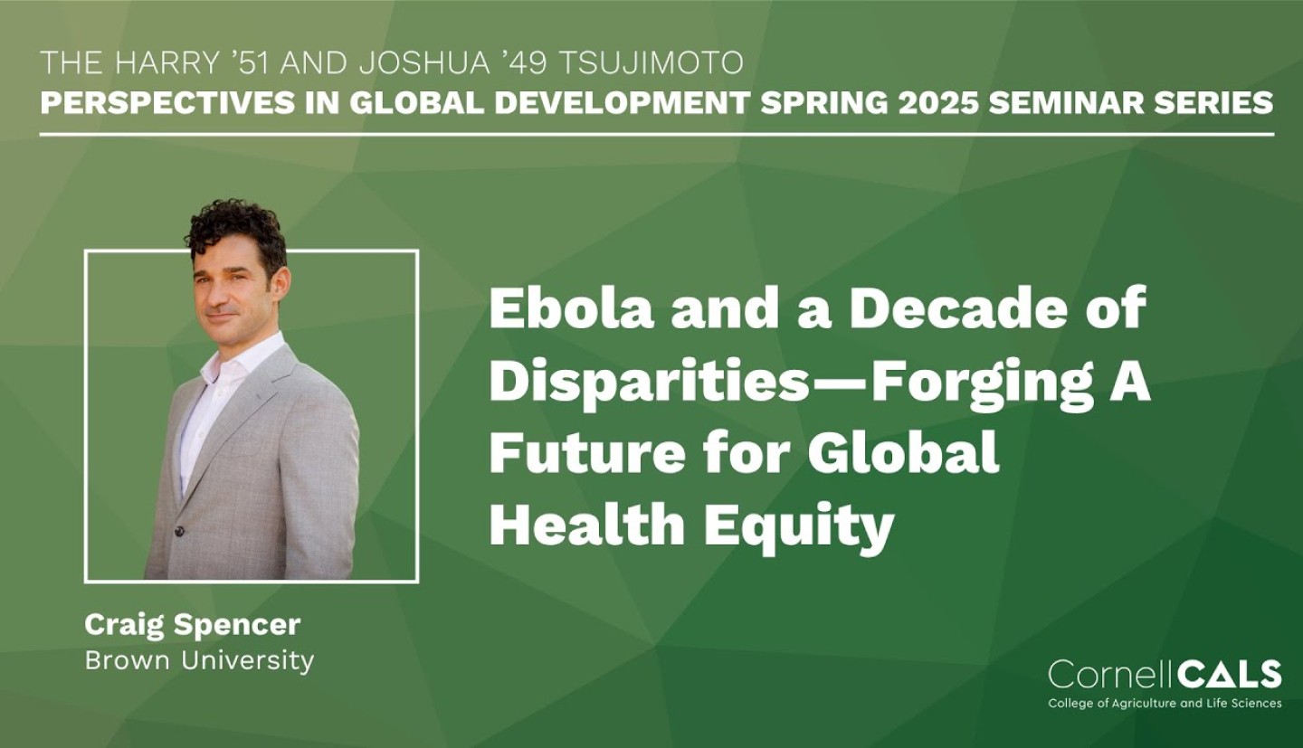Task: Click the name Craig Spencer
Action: [x=193, y=625]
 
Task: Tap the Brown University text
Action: [x=199, y=660]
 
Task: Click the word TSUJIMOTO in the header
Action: [x=651, y=63]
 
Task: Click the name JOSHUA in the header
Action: [x=424, y=63]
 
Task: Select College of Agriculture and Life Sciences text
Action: [x=1165, y=704]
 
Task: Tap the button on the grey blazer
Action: [x=178, y=531]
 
